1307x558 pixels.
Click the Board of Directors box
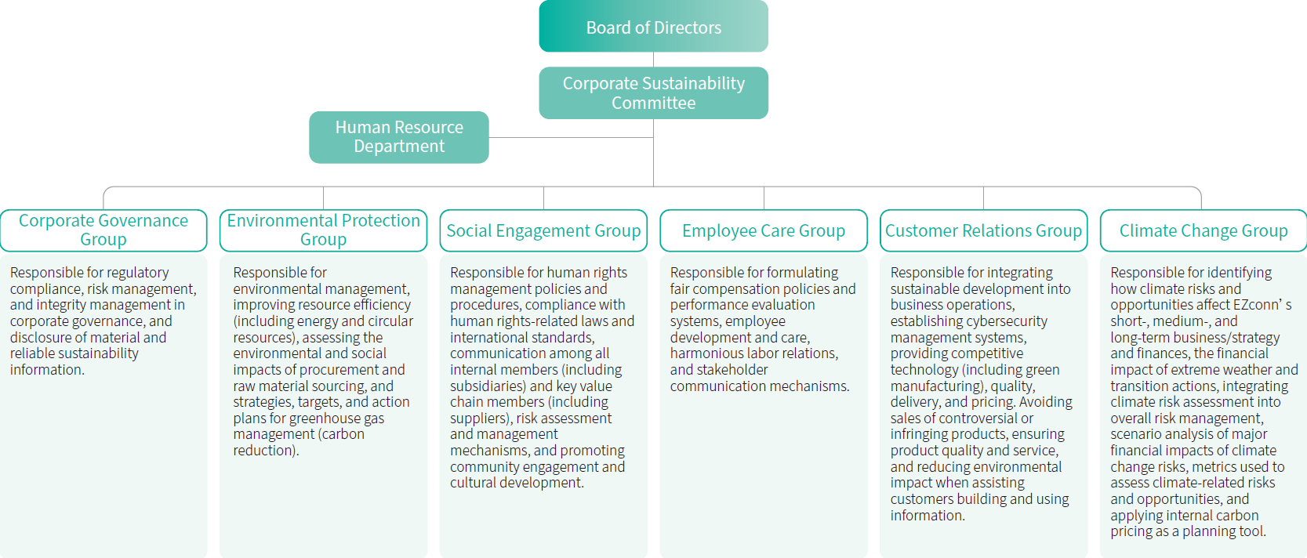tap(653, 27)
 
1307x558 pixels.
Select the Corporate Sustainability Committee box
tap(653, 92)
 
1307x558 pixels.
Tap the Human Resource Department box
tap(398, 137)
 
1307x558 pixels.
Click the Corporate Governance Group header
tap(103, 230)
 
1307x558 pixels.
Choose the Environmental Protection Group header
tap(323, 230)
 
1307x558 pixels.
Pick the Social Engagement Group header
tap(543, 230)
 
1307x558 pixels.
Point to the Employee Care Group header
tap(764, 230)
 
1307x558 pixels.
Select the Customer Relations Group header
tap(983, 230)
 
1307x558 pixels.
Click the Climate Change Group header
tap(1204, 230)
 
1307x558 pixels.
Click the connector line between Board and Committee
tap(653, 60)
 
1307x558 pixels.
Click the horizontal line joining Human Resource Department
tap(571, 138)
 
